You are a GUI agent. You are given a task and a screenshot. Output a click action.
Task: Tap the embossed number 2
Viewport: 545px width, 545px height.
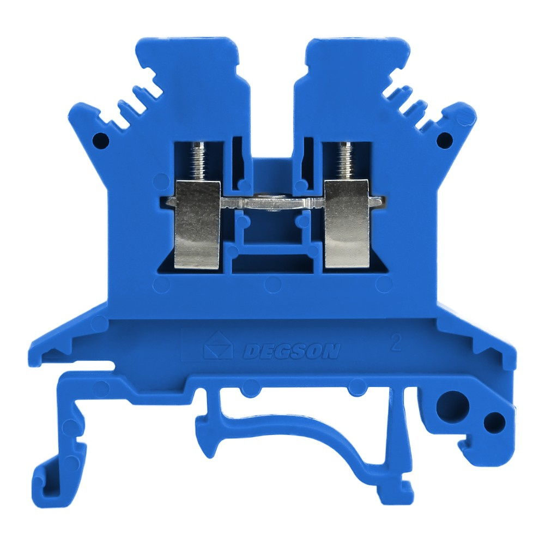[396, 343]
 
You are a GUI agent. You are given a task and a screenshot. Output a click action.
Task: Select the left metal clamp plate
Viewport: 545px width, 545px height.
[197, 225]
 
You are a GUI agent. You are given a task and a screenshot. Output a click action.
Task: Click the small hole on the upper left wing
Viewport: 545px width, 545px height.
[101, 141]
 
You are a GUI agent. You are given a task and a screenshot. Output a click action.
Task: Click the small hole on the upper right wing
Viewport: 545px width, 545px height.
[444, 141]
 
